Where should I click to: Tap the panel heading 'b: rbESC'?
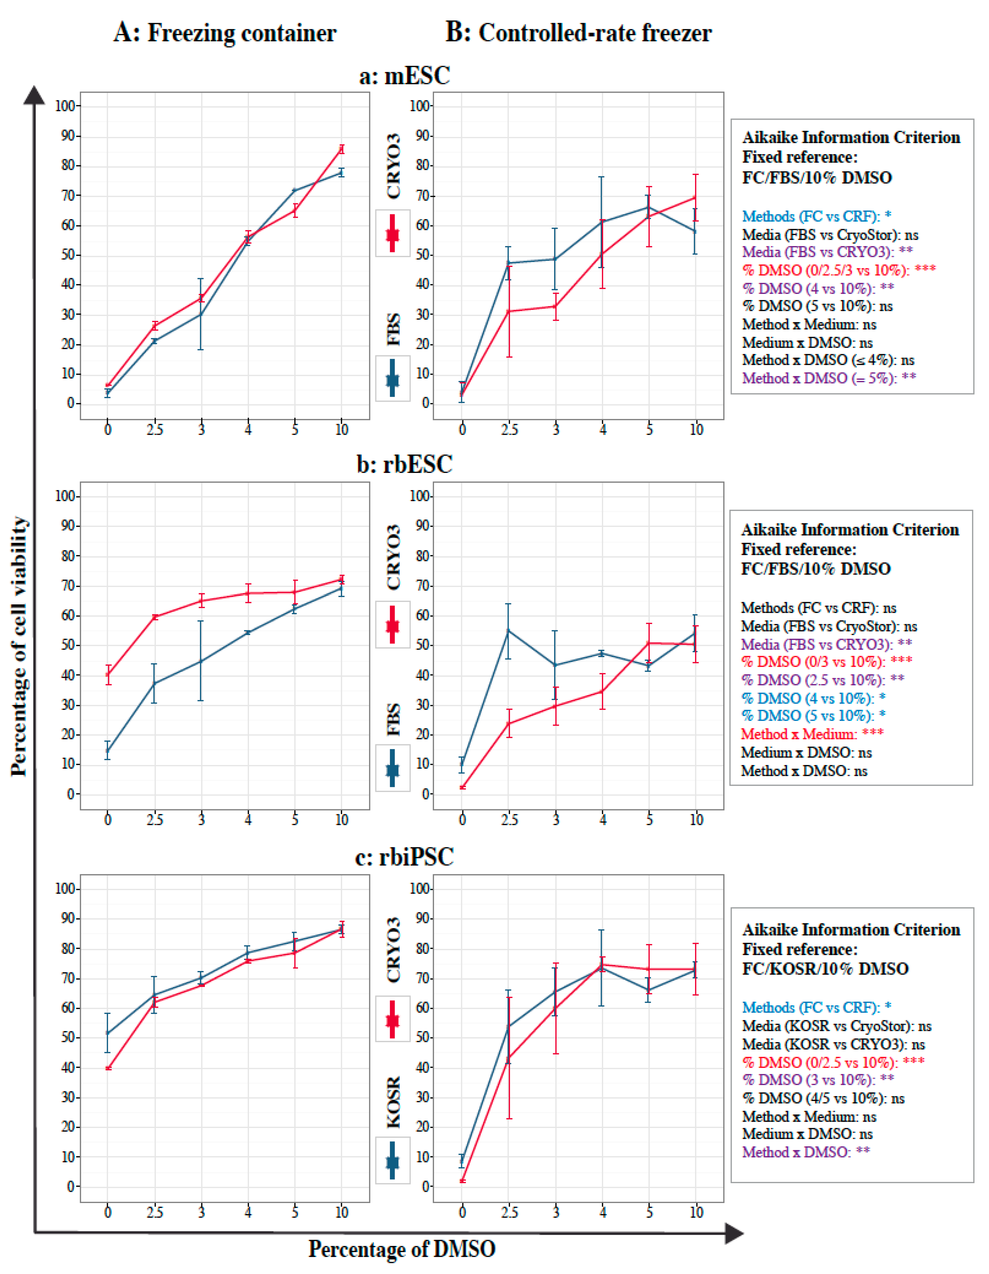coord(405,464)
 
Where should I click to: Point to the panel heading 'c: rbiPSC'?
coord(405,857)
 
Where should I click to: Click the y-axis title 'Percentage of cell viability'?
coord(19,646)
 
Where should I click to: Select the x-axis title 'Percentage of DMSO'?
coord(402,1249)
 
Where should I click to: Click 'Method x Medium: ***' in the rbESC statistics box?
coord(812,734)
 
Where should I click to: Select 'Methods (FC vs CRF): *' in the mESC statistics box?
coord(816,216)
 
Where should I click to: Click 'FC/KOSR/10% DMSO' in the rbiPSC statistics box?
coord(825,969)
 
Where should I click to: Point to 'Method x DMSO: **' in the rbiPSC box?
coord(806,1152)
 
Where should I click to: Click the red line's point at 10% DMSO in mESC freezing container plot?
coord(342,149)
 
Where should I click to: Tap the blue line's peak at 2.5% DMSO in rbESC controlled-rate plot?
coord(508,631)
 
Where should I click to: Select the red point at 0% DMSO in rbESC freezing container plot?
coord(108,675)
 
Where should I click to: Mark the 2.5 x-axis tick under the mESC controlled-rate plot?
coord(509,430)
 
